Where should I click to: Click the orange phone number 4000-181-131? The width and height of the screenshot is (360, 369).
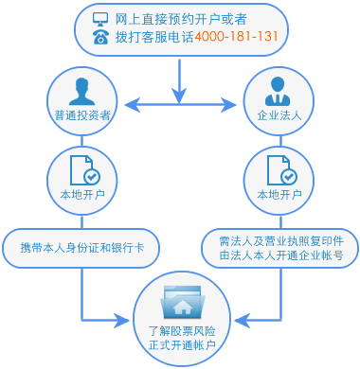[x=237, y=37]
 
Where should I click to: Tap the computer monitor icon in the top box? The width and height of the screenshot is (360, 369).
[x=100, y=19]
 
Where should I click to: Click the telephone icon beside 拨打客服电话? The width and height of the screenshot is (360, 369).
[x=100, y=37]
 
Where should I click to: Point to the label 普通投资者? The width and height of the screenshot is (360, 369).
[x=81, y=115]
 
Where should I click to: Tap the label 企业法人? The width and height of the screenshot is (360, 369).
[x=279, y=115]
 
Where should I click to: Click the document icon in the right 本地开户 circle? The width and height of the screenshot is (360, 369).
[x=279, y=170]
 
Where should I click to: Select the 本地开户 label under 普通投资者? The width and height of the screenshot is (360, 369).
[x=81, y=196]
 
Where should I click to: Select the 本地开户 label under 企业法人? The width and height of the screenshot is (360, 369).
[x=279, y=196]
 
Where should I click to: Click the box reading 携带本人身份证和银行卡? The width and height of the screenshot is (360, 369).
[x=81, y=248]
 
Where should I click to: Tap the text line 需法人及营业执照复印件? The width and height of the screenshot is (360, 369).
[x=279, y=240]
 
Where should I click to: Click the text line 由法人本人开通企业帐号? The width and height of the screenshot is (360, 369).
[x=279, y=255]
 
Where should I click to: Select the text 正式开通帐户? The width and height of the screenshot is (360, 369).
[x=182, y=346]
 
